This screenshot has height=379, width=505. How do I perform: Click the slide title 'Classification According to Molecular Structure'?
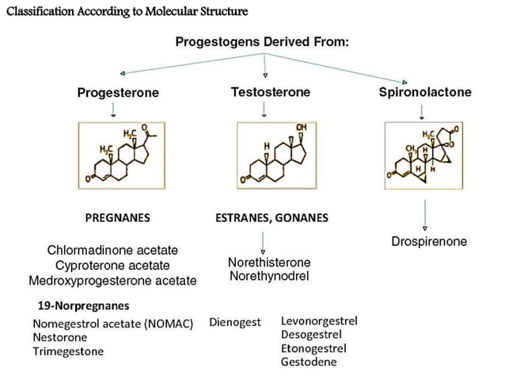click(x=126, y=11)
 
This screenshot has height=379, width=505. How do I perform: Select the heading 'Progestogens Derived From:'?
click(x=261, y=41)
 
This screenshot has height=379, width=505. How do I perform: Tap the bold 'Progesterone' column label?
click(x=118, y=93)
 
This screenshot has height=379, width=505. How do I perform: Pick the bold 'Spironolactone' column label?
click(x=425, y=92)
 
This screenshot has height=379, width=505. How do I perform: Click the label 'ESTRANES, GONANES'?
click(x=271, y=217)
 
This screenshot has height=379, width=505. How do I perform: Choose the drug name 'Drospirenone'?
click(x=429, y=241)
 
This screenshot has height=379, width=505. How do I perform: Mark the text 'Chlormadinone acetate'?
click(x=112, y=251)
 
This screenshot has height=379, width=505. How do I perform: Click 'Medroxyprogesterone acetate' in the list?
click(x=112, y=280)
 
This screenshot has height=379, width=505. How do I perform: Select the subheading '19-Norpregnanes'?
click(x=83, y=304)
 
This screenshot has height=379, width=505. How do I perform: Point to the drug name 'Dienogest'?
click(x=235, y=322)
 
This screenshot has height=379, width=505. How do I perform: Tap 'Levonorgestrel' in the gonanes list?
click(x=319, y=320)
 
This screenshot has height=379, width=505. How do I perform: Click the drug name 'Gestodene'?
click(x=309, y=362)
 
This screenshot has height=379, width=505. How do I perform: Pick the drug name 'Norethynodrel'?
click(x=269, y=276)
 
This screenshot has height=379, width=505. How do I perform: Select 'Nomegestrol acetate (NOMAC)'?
click(x=112, y=323)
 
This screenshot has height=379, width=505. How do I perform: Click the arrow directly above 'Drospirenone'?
click(x=426, y=215)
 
